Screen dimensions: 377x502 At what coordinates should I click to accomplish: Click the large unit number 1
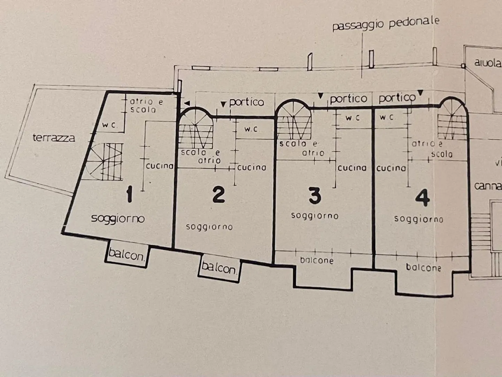coord(129,195)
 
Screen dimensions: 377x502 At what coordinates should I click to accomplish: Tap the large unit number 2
coord(219,195)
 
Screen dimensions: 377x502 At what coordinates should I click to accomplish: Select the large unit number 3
coord(315,195)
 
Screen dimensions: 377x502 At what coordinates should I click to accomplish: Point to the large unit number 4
coord(422,198)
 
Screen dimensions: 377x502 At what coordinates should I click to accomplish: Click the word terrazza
coord(54,138)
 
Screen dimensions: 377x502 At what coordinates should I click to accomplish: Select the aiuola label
coord(487,63)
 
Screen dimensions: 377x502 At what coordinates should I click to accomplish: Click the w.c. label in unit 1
coord(109,125)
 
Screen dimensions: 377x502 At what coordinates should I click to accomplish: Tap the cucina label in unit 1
coord(159,166)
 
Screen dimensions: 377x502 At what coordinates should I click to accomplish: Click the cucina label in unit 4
coord(391,168)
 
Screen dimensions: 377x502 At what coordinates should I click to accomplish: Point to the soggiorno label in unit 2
coord(209,227)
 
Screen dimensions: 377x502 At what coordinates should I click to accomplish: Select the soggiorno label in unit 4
coord(418,219)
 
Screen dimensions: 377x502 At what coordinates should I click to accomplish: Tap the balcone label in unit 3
coord(317,261)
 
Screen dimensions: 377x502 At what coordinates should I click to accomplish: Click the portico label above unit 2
coord(246,102)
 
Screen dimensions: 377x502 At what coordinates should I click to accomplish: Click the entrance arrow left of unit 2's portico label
coord(223,104)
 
